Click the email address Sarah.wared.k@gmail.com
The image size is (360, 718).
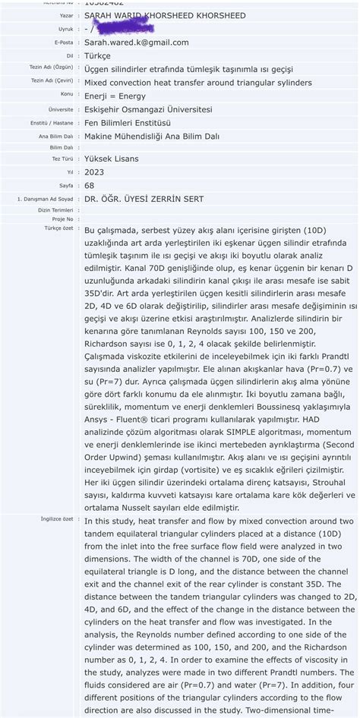137,43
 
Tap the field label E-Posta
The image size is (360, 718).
64,43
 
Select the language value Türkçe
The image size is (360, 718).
97,56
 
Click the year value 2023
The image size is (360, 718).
94,172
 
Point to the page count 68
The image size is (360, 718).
90,185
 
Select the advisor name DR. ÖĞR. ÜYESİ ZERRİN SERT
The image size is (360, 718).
144,199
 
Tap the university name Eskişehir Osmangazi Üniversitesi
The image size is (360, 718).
148,109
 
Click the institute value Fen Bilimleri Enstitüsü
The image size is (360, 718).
128,123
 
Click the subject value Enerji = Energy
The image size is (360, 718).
115,96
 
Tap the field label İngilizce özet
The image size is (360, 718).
57,519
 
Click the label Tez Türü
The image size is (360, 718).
62,159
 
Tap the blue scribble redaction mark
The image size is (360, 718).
122,28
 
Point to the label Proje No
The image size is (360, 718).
63,219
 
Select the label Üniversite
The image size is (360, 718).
61,109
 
